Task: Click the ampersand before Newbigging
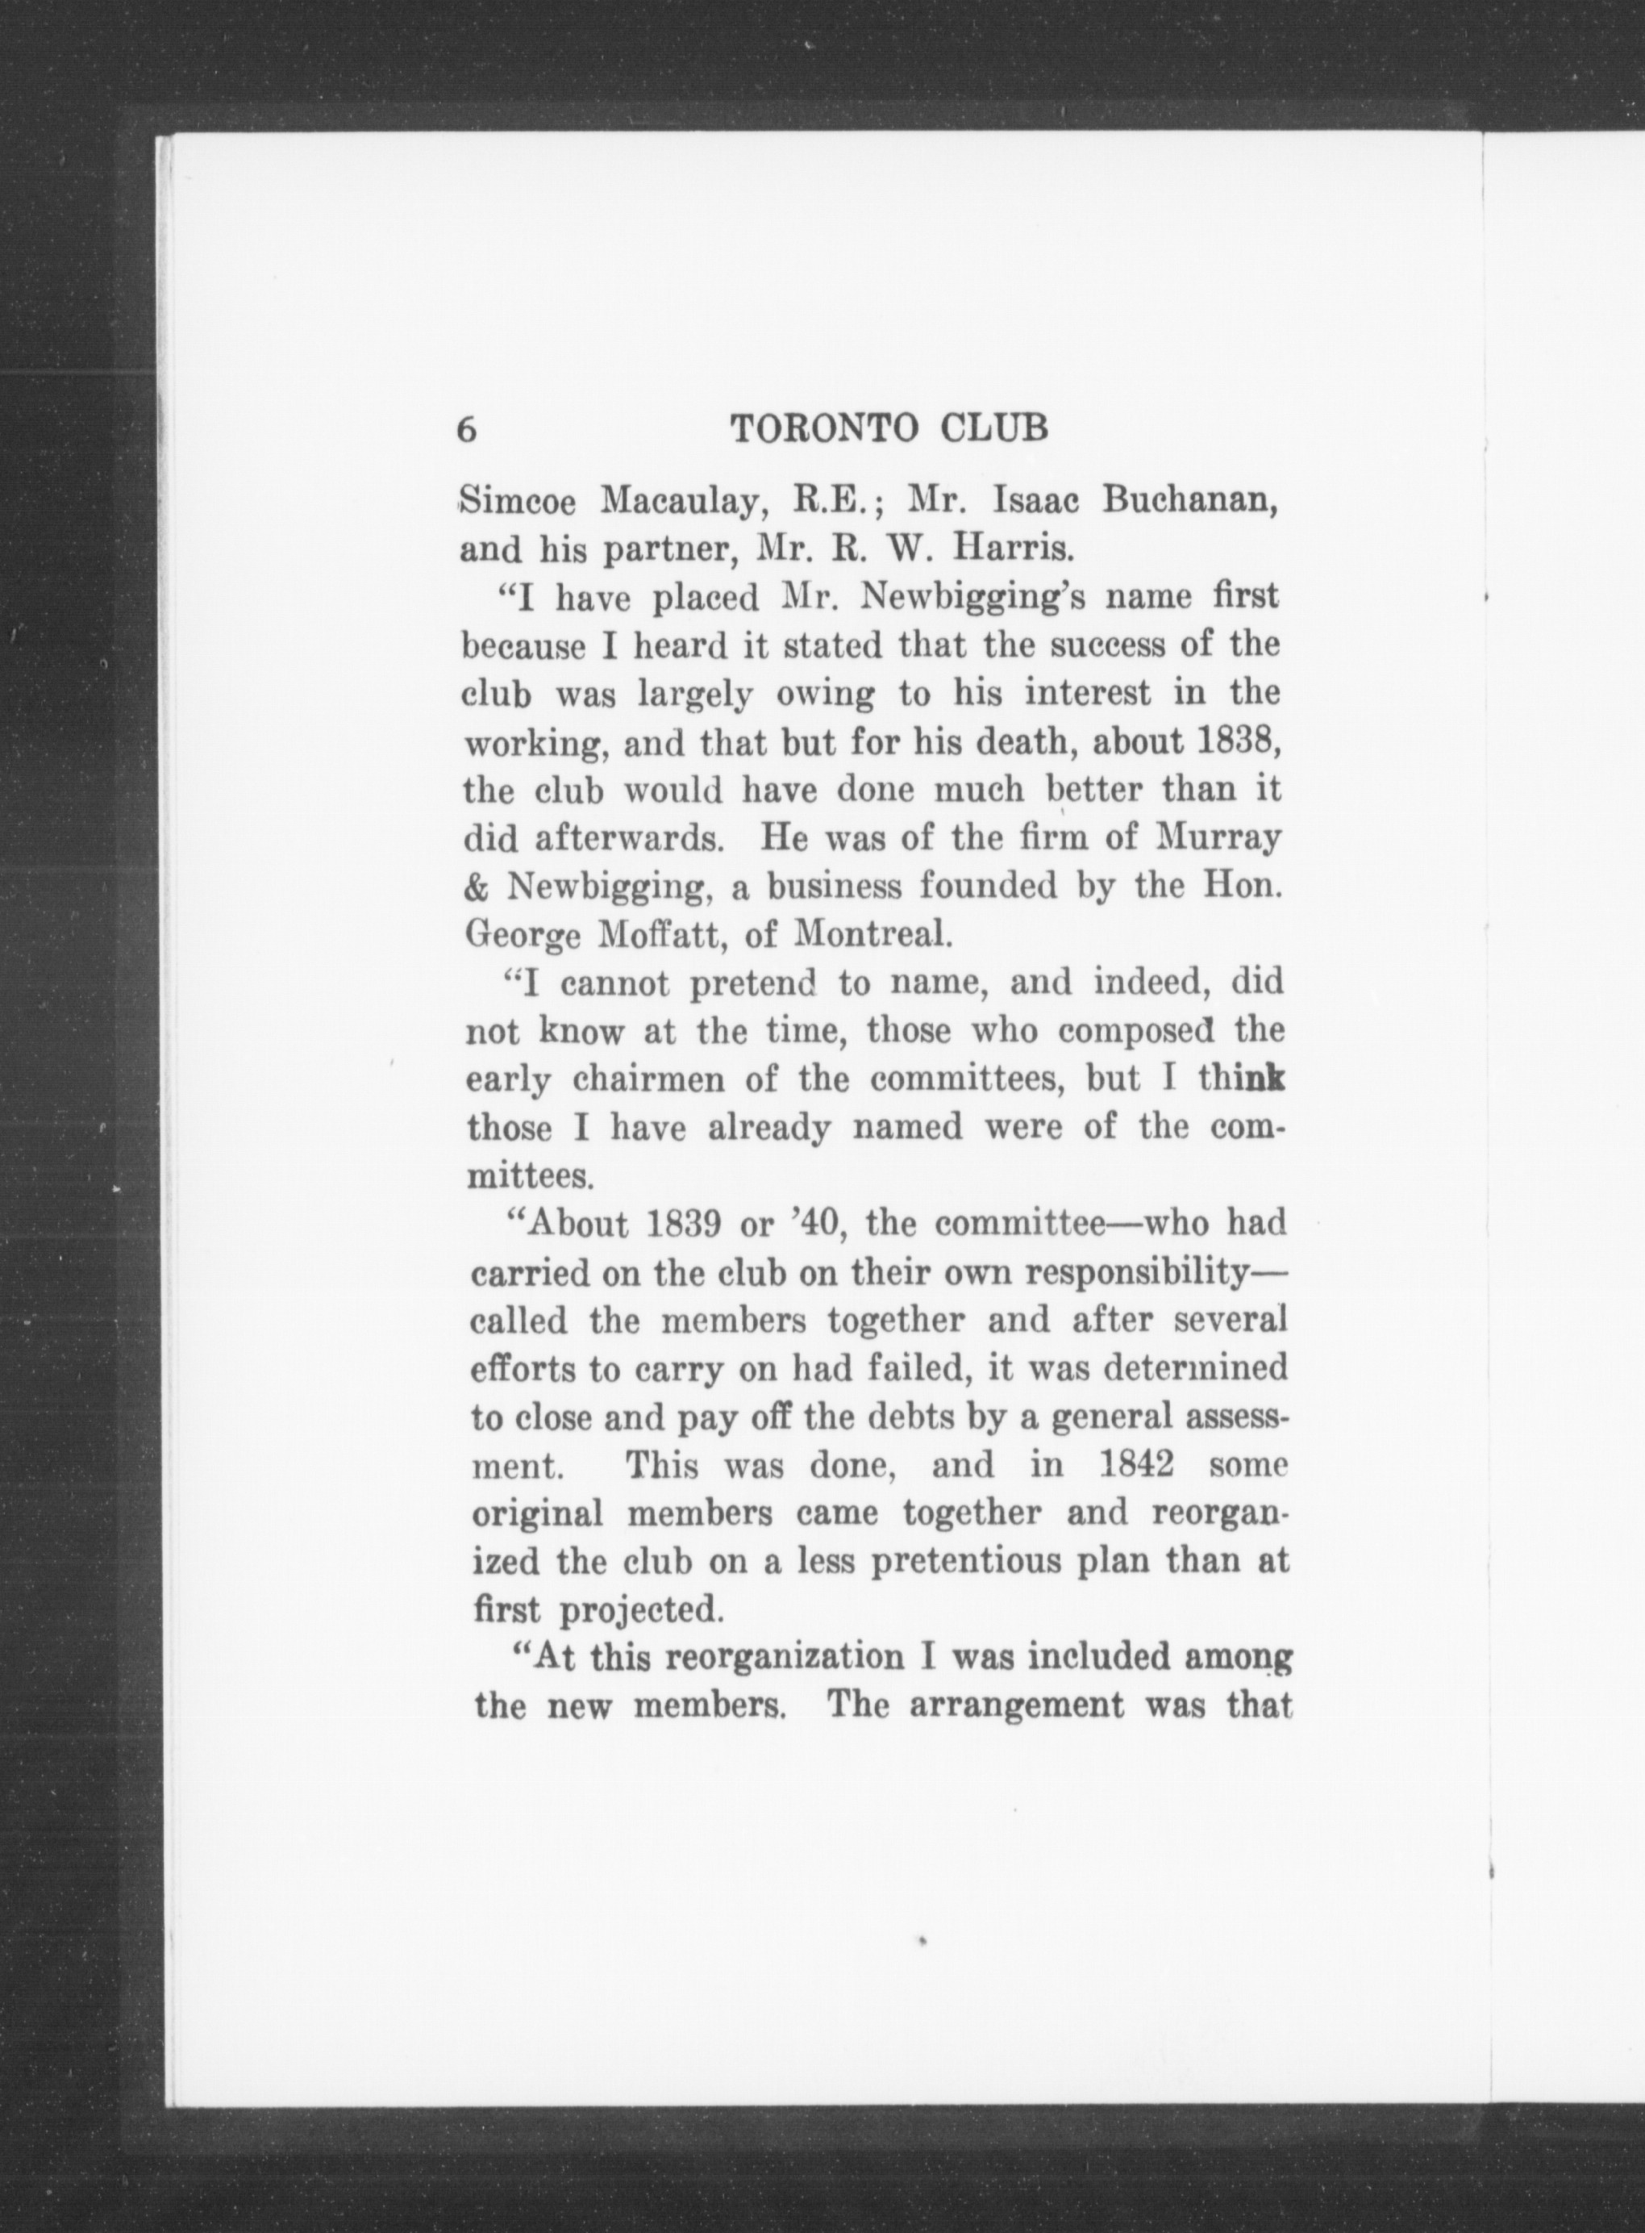(475, 887)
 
